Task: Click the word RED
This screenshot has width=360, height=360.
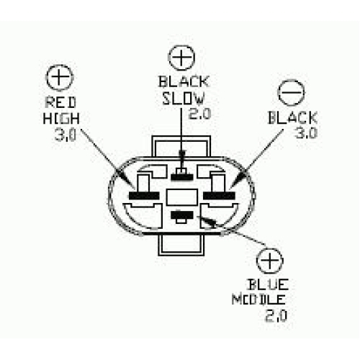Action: click(x=60, y=102)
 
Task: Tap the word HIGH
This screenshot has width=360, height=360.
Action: click(x=61, y=118)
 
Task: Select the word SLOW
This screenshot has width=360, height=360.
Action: click(x=183, y=99)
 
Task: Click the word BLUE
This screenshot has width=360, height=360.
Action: click(x=268, y=285)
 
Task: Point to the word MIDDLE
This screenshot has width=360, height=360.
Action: click(x=258, y=300)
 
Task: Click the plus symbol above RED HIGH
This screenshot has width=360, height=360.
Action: click(x=59, y=78)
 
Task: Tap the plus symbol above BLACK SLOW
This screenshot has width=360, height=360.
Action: click(x=181, y=58)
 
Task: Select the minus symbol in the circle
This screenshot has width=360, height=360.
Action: click(x=292, y=92)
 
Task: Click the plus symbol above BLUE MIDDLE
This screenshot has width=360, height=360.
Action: click(x=270, y=261)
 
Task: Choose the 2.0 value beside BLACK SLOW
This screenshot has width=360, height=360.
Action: click(x=199, y=114)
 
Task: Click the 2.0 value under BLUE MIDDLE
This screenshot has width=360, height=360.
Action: click(x=276, y=315)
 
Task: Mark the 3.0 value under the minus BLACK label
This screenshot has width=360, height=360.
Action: click(x=306, y=132)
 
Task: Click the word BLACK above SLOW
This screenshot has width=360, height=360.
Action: click(x=184, y=82)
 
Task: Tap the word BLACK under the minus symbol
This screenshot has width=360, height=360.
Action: click(x=292, y=117)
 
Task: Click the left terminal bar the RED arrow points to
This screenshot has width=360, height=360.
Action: click(x=144, y=196)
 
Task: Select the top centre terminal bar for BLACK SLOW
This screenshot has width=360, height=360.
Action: click(x=182, y=177)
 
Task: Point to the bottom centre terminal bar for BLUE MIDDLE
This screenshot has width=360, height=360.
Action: click(x=182, y=215)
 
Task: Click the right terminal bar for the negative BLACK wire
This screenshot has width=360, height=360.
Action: click(x=219, y=196)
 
